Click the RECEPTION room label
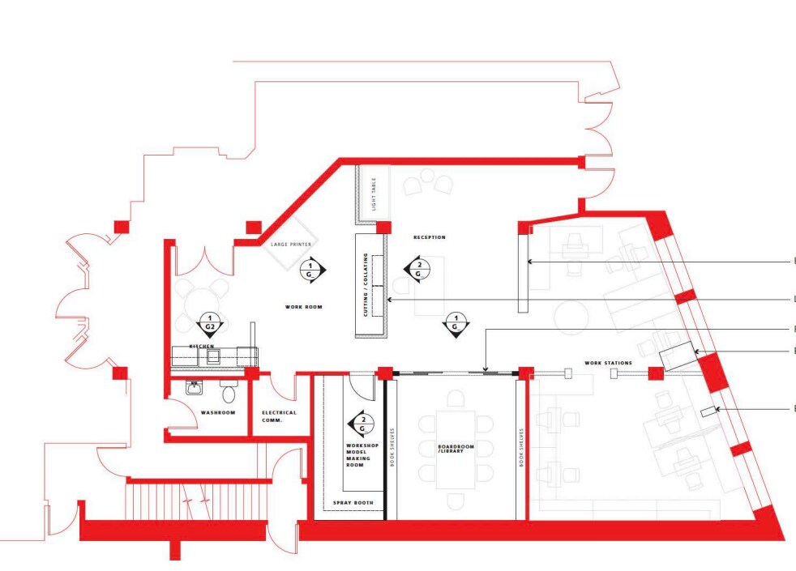tap(429, 237)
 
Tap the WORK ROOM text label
tap(304, 307)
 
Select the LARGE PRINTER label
tap(291, 243)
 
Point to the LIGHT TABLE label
tap(374, 195)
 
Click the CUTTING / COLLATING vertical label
tap(366, 284)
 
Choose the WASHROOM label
tap(217, 413)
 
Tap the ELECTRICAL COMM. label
tap(279, 415)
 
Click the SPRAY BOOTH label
tap(353, 503)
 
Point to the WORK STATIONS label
tap(608, 363)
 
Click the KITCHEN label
tap(201, 346)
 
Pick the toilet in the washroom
tap(229, 394)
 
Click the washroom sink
tap(195, 389)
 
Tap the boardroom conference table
tap(456, 450)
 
